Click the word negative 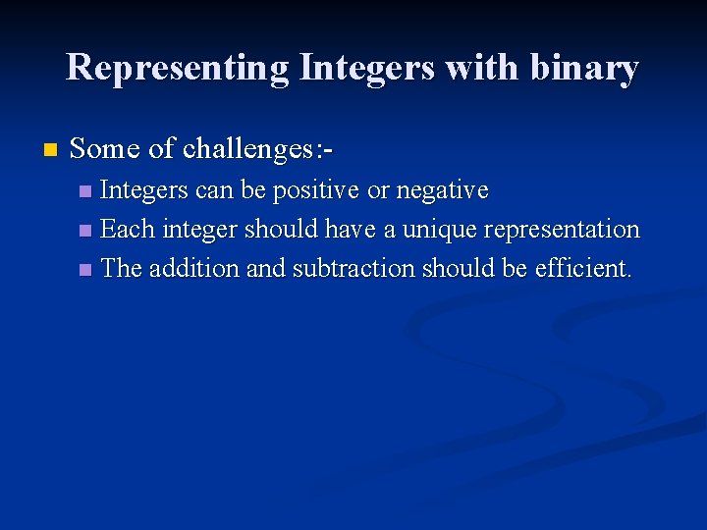click(442, 189)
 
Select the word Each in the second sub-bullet click(128, 230)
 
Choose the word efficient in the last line click(583, 269)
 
